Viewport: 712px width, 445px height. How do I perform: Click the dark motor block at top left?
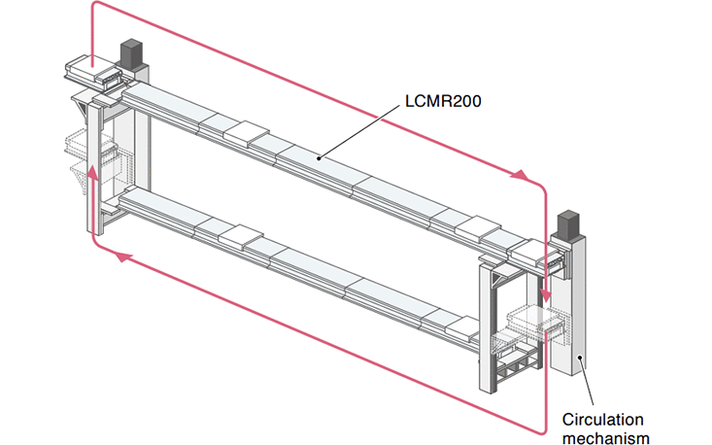pyautogui.click(x=131, y=53)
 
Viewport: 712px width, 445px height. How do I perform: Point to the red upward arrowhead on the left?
pyautogui.click(x=92, y=173)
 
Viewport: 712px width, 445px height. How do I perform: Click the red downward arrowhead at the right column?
pyautogui.click(x=546, y=294)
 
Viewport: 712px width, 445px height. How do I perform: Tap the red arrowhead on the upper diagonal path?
pyautogui.click(x=522, y=176)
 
